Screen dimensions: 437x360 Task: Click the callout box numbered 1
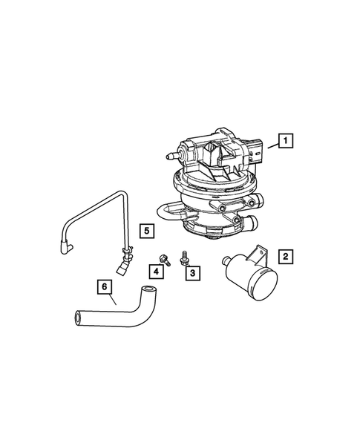point(285,139)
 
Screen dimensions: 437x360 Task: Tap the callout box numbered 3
point(192,274)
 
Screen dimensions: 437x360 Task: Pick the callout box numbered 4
point(159,269)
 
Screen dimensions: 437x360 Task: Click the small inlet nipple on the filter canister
point(226,260)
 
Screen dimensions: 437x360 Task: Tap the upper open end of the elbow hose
point(150,288)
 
